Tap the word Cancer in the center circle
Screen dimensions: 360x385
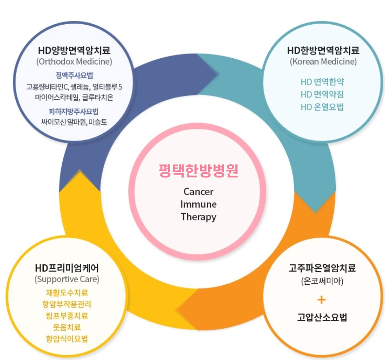tap(198, 191)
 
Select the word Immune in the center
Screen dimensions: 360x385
tap(198, 204)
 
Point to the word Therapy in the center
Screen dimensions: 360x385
tap(198, 217)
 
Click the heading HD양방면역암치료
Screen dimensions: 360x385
tap(74, 50)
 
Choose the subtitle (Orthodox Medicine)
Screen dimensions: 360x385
tap(74, 61)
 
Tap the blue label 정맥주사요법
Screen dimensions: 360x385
tap(74, 76)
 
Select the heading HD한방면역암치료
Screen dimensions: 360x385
tap(323, 50)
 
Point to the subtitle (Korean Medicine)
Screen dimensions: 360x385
tap(323, 61)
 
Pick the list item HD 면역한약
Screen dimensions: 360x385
tap(322, 81)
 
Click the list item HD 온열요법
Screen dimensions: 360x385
tap(322, 107)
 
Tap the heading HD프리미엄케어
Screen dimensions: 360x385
tap(67, 268)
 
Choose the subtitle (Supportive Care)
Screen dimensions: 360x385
tap(67, 279)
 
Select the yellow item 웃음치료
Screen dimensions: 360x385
tap(67, 327)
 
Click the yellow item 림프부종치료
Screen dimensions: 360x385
tap(67, 315)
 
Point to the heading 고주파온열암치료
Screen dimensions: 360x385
tap(322, 268)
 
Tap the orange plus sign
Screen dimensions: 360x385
tap(322, 300)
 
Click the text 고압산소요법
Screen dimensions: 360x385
tap(322, 318)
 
